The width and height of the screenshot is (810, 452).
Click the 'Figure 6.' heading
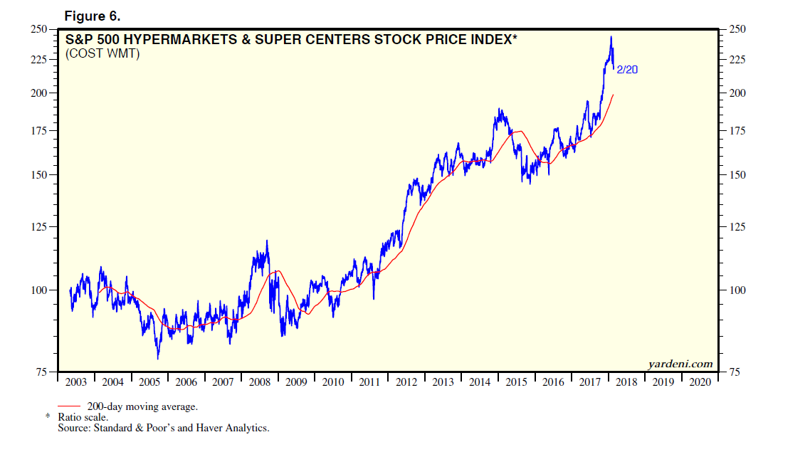click(x=90, y=16)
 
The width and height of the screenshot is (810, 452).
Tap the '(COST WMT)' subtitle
click(x=102, y=53)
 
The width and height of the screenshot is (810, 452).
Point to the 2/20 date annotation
click(x=627, y=69)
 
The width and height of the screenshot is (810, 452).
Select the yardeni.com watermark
click(x=680, y=364)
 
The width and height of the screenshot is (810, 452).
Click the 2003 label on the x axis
click(x=76, y=382)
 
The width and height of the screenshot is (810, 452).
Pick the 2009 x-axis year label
click(x=296, y=382)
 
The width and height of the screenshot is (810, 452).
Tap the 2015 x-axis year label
click(x=516, y=382)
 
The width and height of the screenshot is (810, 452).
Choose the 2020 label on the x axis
click(x=700, y=382)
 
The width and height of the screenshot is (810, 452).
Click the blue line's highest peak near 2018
click(x=611, y=37)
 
